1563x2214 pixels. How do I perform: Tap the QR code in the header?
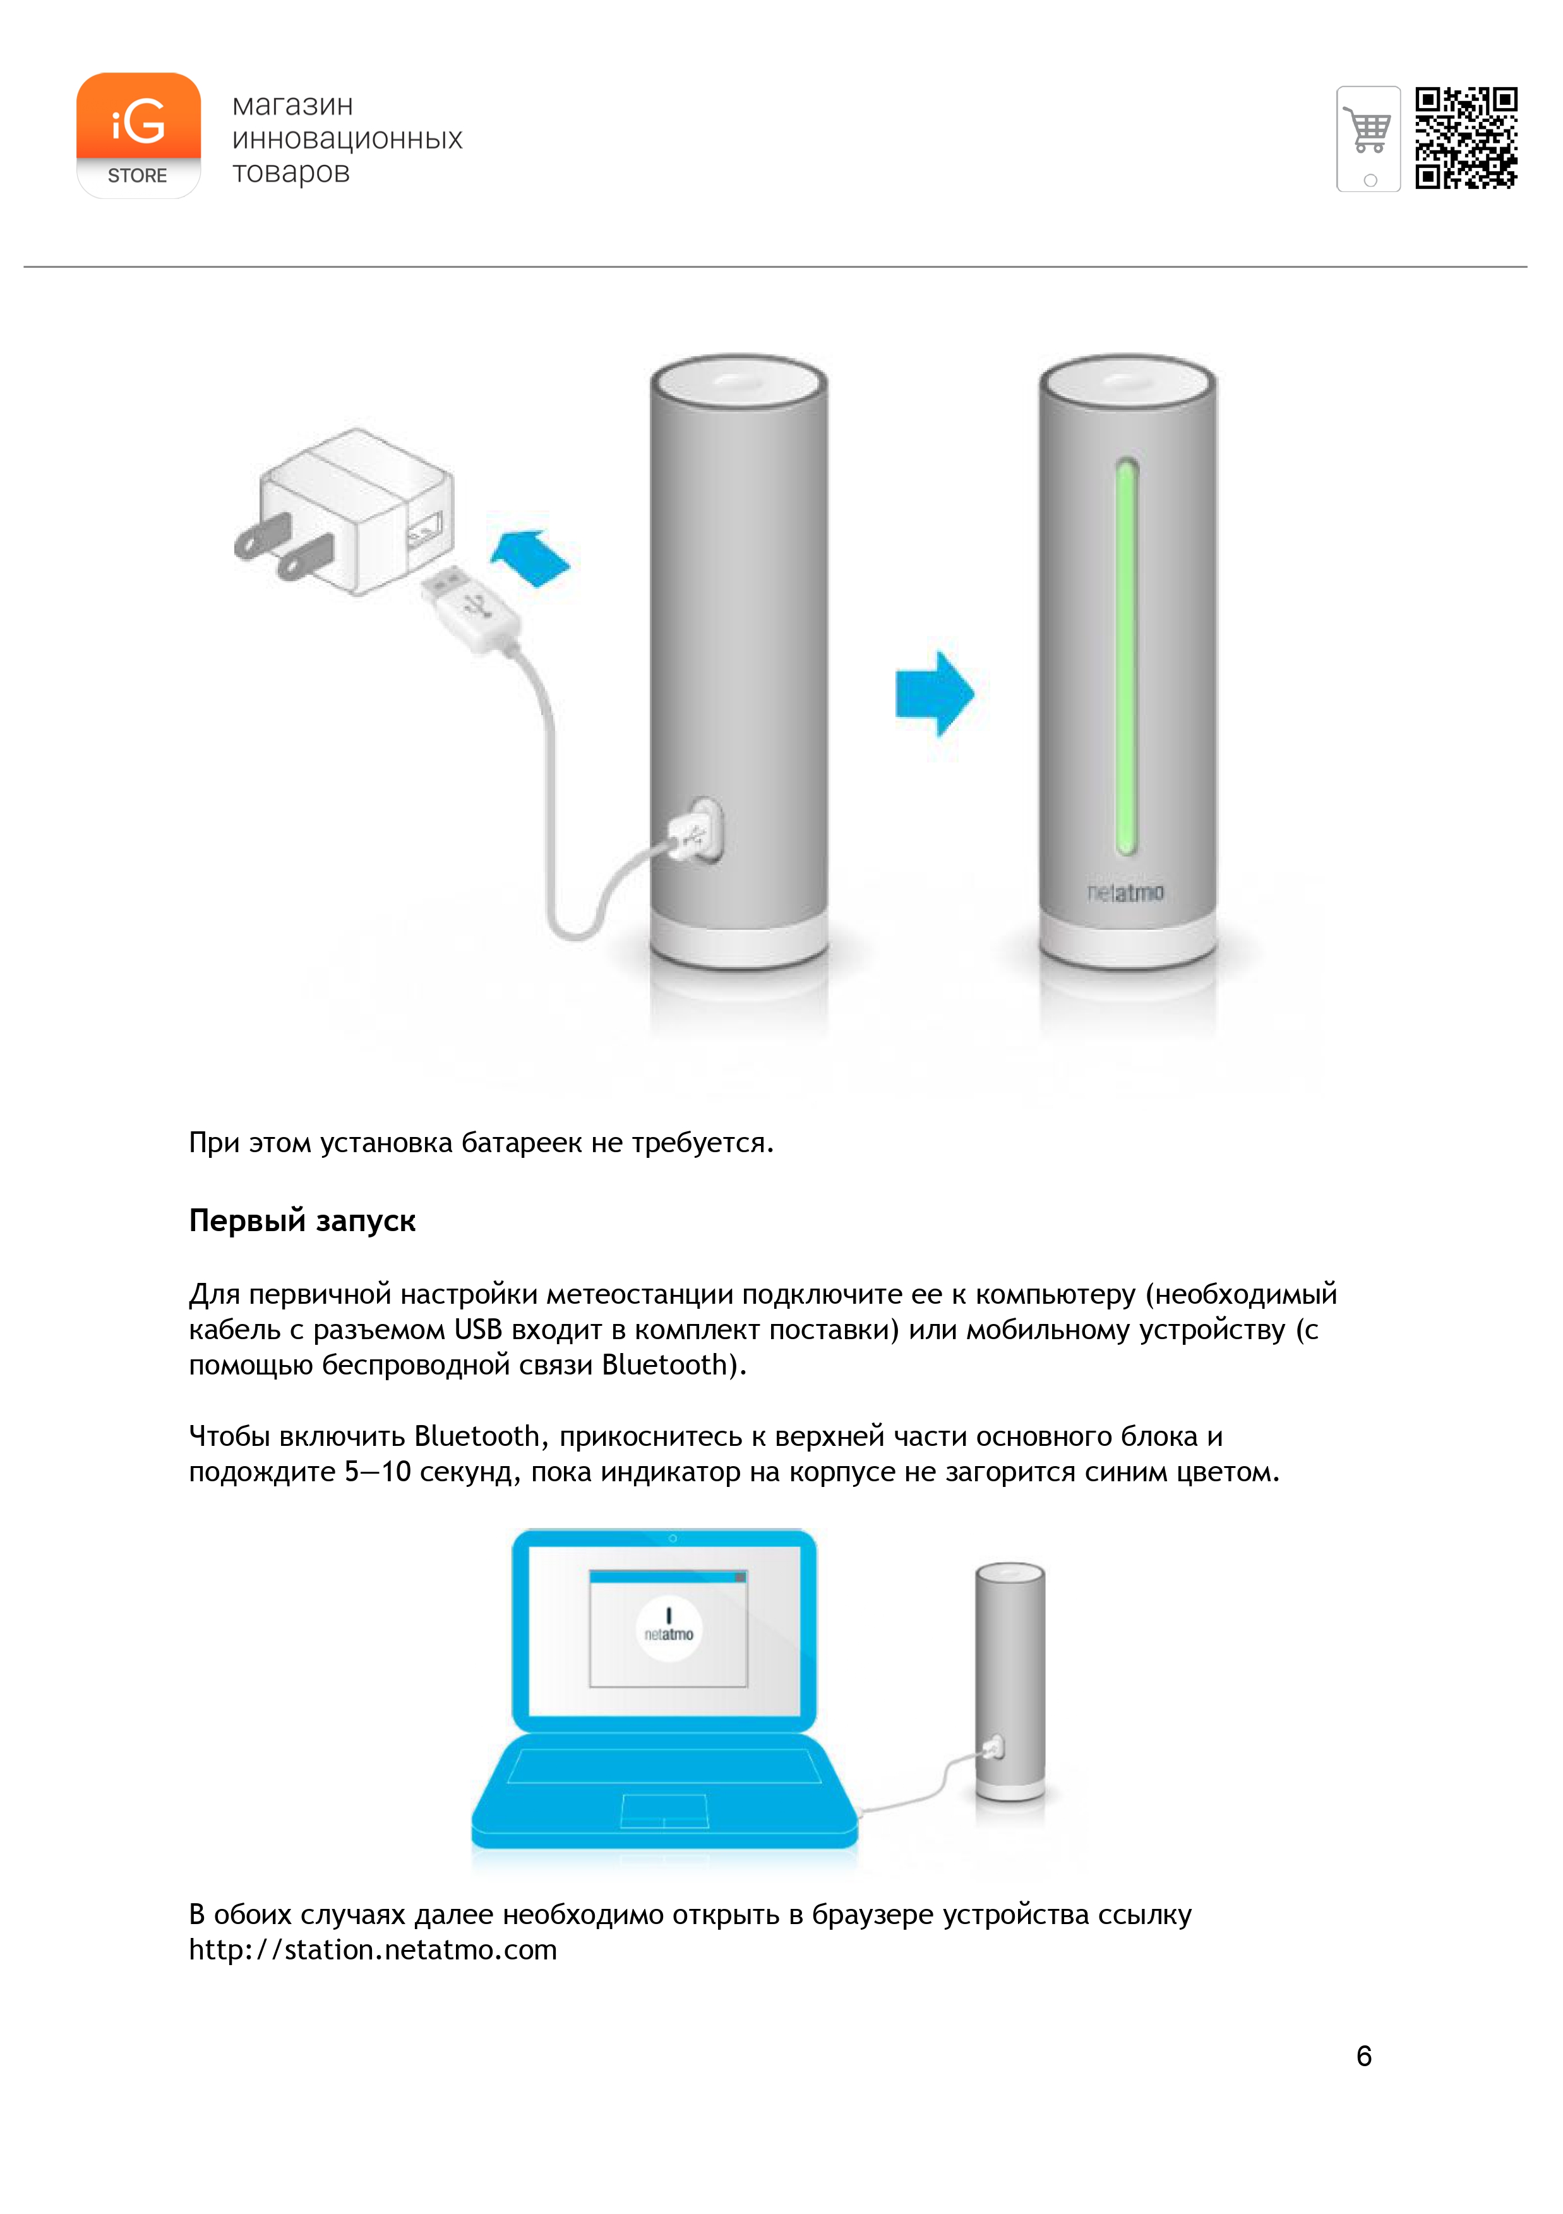[x=1466, y=137]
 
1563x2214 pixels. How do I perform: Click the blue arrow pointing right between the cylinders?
[x=935, y=694]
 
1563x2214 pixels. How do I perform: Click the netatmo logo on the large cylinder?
[x=1125, y=893]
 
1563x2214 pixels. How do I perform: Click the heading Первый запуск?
[x=302, y=1221]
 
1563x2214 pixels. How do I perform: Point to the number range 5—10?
[x=378, y=1472]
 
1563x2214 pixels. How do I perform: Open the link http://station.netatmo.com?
[x=373, y=1950]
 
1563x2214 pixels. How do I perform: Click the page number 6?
[x=1363, y=2056]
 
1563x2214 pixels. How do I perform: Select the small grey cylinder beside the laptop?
[x=1010, y=1683]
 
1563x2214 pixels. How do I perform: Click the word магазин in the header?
[x=292, y=105]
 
